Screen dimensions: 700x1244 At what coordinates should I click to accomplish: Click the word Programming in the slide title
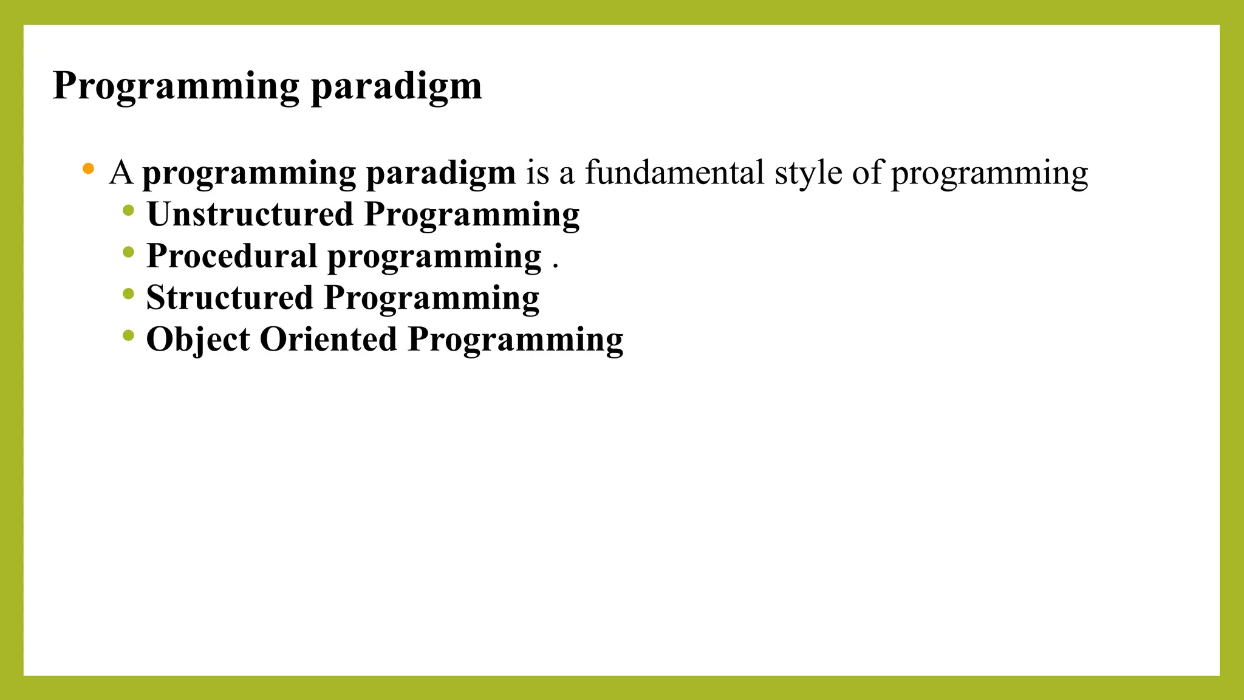pyautogui.click(x=176, y=86)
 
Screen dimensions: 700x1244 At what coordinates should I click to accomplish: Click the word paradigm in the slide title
pyautogui.click(x=396, y=86)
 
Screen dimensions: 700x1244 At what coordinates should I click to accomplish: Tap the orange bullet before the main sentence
pyautogui.click(x=89, y=168)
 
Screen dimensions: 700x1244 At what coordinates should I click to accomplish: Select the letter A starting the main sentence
pyautogui.click(x=121, y=173)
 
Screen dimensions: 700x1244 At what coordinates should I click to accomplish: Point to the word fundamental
pyautogui.click(x=674, y=173)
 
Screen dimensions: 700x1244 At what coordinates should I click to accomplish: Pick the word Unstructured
pyautogui.click(x=250, y=214)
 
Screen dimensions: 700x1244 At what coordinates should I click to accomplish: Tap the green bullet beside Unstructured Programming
pyautogui.click(x=128, y=211)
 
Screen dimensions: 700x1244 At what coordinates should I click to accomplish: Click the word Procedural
pyautogui.click(x=231, y=256)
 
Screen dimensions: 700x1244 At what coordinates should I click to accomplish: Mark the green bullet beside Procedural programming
pyautogui.click(x=128, y=252)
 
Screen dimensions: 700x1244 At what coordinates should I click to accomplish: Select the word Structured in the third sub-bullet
pyautogui.click(x=229, y=298)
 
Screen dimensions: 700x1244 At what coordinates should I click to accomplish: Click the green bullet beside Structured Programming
pyautogui.click(x=128, y=294)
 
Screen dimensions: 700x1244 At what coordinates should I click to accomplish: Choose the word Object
pyautogui.click(x=198, y=340)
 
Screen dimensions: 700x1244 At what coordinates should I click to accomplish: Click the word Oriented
pyautogui.click(x=328, y=339)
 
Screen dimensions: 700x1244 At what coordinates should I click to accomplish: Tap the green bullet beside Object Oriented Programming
pyautogui.click(x=128, y=335)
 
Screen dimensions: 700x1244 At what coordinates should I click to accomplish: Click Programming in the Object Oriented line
pyautogui.click(x=515, y=340)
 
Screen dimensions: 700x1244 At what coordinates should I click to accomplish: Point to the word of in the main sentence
pyautogui.click(x=866, y=173)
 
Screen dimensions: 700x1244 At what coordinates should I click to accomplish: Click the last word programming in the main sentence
pyautogui.click(x=989, y=174)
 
